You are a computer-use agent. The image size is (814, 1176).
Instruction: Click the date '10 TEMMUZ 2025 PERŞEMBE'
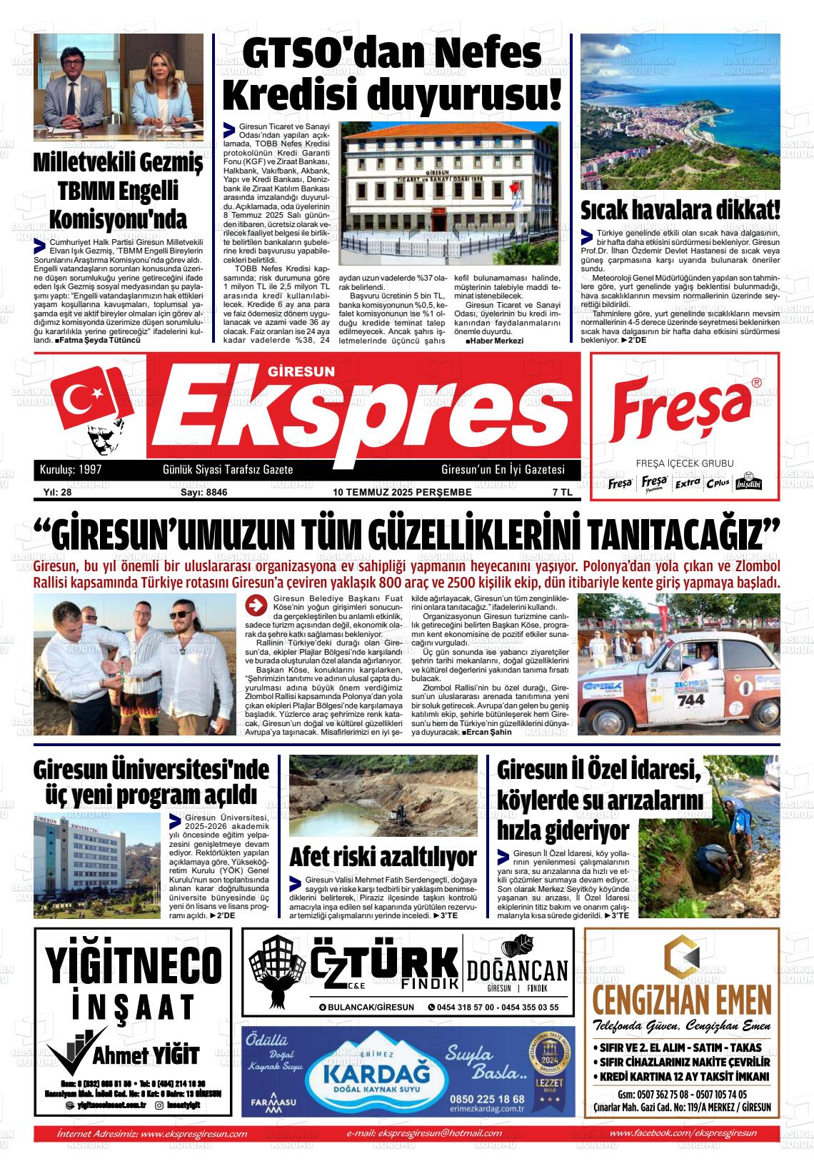(403, 492)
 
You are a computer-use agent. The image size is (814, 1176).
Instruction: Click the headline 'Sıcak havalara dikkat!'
(680, 211)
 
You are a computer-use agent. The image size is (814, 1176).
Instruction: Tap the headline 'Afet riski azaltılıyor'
(383, 856)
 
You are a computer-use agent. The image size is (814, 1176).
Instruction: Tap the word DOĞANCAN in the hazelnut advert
(518, 970)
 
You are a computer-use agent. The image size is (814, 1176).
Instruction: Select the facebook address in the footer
(683, 1133)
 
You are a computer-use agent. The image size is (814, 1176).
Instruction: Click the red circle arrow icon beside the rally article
(254, 605)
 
